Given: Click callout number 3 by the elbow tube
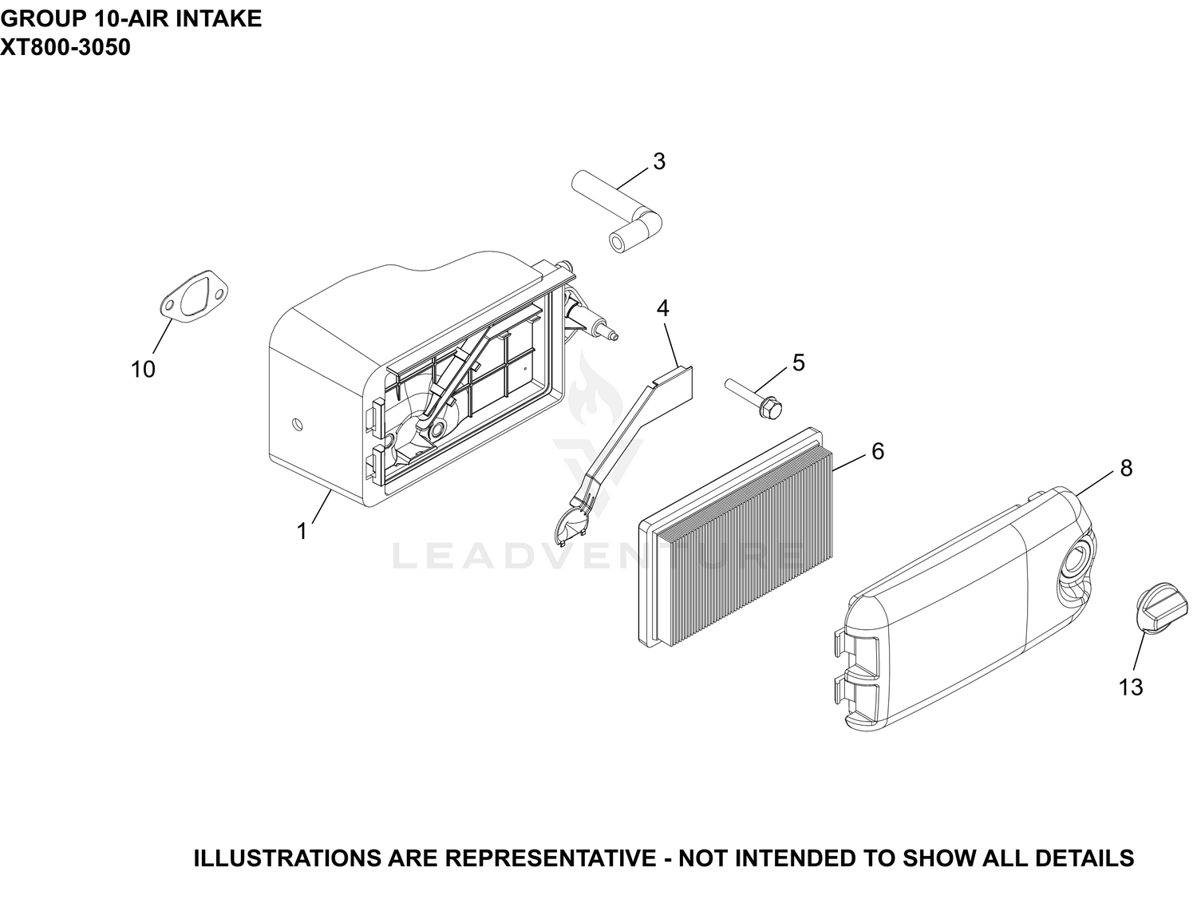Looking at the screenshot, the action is (659, 161).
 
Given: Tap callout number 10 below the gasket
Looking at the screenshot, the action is (143, 369).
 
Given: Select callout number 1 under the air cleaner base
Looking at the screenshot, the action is (302, 531).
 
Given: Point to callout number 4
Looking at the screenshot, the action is (662, 308).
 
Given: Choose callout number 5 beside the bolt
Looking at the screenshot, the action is (799, 362).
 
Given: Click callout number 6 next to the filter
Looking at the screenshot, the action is (878, 451).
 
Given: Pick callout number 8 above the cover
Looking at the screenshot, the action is (1127, 469).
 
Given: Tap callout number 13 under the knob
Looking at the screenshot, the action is (1131, 687).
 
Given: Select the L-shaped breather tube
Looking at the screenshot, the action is (617, 211).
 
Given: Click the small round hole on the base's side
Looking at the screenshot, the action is (298, 424).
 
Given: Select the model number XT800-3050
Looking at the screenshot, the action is (65, 47).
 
